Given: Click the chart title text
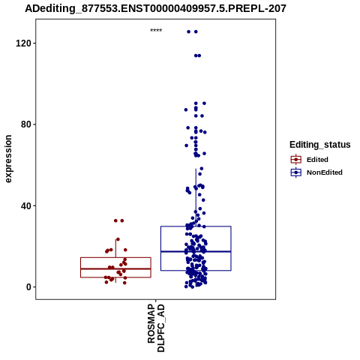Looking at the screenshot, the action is point(155,9).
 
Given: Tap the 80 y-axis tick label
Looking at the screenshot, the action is point(25,124).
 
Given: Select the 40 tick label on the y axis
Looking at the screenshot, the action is point(25,205).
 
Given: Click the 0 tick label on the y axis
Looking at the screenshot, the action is point(28,287).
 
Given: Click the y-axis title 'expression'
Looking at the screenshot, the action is point(8,159).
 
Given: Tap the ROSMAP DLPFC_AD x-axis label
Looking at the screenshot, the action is point(156,328).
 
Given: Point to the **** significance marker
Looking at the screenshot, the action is point(156,31).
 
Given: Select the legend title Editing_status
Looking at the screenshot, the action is point(320,145).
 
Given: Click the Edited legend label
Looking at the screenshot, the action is point(317,160).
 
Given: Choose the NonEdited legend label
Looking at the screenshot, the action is point(325,172).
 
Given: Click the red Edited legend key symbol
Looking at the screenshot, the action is point(296,160).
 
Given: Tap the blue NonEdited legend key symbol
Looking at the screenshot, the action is point(296,172).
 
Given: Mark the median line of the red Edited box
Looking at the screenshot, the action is point(115,268).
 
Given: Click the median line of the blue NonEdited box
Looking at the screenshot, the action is point(196,251).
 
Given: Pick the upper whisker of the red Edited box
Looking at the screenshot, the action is point(115,248).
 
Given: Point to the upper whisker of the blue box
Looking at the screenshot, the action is point(196,197).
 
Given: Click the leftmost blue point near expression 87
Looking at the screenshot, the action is point(186,109).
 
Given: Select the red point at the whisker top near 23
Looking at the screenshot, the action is point(118,239).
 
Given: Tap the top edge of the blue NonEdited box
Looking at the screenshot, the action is point(196,226).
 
